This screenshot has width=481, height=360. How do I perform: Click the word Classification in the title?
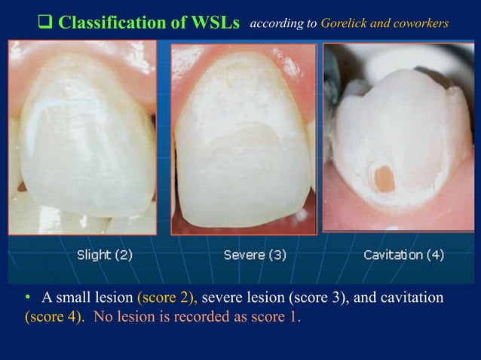click(110, 23)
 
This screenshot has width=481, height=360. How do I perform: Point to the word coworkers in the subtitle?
click(420, 23)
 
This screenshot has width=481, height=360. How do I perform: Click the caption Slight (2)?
click(105, 255)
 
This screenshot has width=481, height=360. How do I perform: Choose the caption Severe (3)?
click(255, 255)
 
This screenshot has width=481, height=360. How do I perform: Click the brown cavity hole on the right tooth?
click(384, 178)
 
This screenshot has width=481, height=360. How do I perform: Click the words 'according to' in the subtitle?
click(283, 23)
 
